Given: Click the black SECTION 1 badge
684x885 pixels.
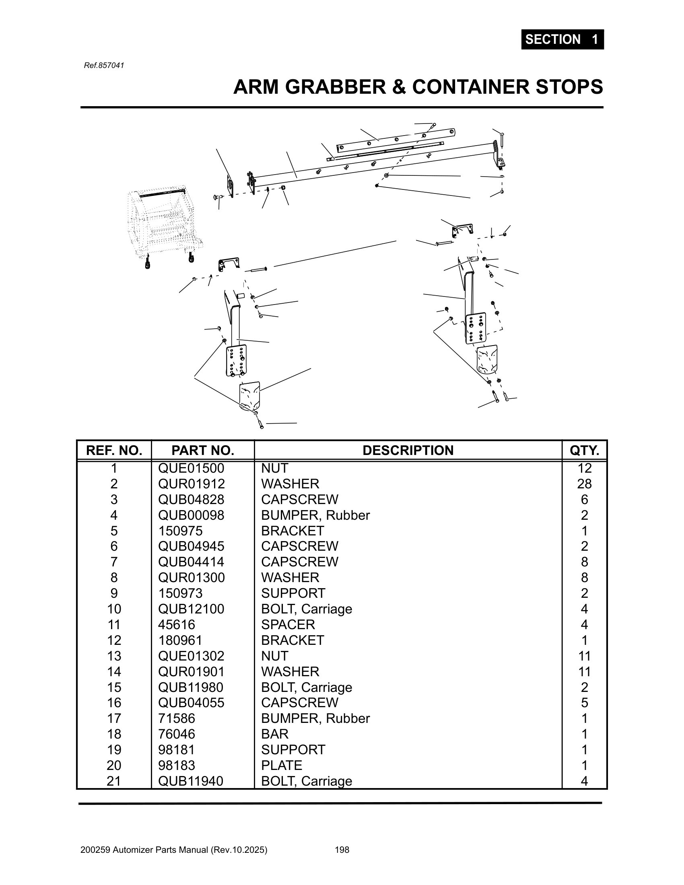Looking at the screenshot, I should (562, 39).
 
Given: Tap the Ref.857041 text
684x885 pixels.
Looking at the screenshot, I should (104, 65).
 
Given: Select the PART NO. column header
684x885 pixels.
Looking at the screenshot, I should (203, 450).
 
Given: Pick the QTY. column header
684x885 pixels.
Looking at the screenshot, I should (584, 450).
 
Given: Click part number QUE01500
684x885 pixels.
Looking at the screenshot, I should (191, 468).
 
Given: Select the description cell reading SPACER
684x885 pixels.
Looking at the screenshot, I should (288, 624).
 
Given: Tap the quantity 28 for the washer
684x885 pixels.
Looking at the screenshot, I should (584, 484).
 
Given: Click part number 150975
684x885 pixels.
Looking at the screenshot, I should (180, 531).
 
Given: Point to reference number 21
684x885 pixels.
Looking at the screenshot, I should (114, 781).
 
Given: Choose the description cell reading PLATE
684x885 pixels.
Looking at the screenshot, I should (282, 765).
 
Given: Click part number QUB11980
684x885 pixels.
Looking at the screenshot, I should (190, 687).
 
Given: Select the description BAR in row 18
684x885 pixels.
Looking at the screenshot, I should (275, 734).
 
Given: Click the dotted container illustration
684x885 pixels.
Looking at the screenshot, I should (164, 225).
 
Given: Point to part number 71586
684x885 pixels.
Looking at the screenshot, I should (176, 718).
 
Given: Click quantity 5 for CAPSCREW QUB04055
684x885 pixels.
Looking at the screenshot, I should (584, 703).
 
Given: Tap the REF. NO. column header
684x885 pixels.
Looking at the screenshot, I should (114, 450).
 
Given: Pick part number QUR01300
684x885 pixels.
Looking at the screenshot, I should (191, 577).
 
